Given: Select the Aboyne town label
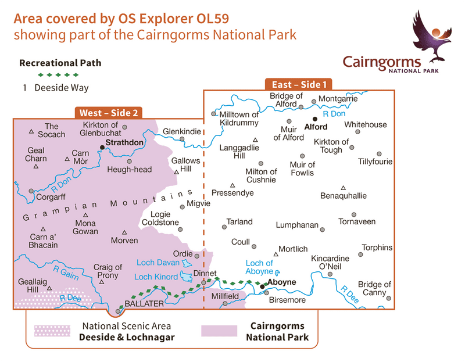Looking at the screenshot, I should pos(282,282).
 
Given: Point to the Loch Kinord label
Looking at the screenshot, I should pos(156,277).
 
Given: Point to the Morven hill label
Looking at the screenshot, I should pos(125,240).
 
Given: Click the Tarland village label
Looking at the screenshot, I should pos(239,221).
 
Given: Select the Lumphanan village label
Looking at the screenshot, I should pos(299,224).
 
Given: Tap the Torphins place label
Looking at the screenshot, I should pos(377,248).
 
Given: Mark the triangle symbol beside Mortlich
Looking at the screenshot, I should pos(276,254).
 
